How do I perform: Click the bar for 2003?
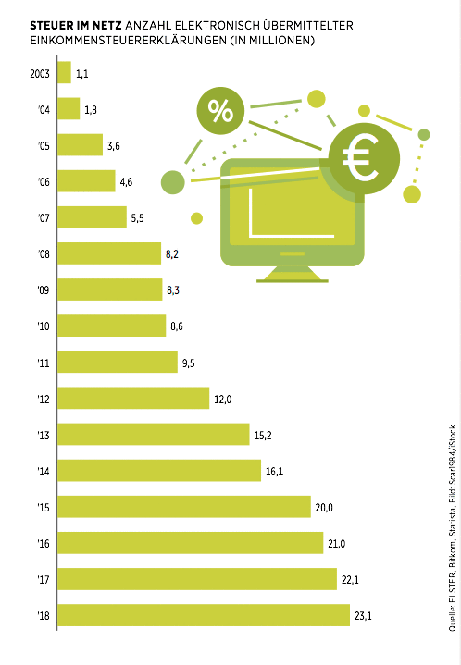65,72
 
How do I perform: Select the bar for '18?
204,615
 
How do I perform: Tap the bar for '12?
133,398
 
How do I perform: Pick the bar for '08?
109,252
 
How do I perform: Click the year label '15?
42,507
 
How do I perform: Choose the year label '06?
42,181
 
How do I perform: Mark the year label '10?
42,326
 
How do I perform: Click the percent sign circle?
220,112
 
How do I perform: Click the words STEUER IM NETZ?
61,22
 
